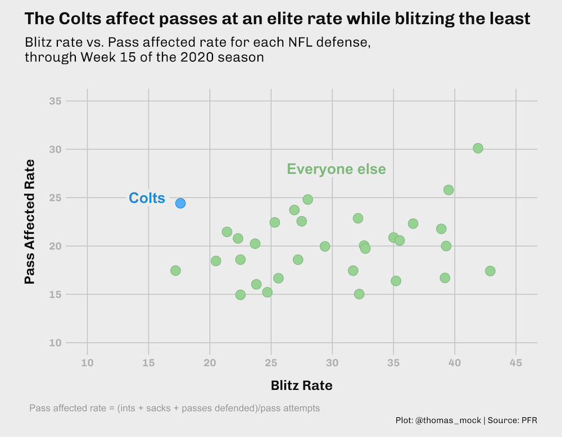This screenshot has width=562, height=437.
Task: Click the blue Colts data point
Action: (180, 203)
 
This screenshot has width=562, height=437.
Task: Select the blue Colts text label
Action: (147, 198)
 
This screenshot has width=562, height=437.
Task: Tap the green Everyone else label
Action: (336, 169)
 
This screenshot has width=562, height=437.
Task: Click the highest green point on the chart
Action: (478, 148)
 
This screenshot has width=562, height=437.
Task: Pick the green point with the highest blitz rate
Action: (490, 271)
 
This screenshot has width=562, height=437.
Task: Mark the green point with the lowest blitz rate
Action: (175, 271)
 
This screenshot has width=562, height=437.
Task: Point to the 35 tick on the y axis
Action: (55, 101)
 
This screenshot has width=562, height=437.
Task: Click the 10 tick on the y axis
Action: (55, 343)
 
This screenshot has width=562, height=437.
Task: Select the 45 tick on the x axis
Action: (516, 363)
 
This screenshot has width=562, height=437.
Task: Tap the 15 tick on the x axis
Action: (148, 363)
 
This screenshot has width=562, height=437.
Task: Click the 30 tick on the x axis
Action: (332, 363)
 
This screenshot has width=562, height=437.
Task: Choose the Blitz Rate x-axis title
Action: (301, 385)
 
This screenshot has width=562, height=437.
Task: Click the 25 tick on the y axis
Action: (55, 198)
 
